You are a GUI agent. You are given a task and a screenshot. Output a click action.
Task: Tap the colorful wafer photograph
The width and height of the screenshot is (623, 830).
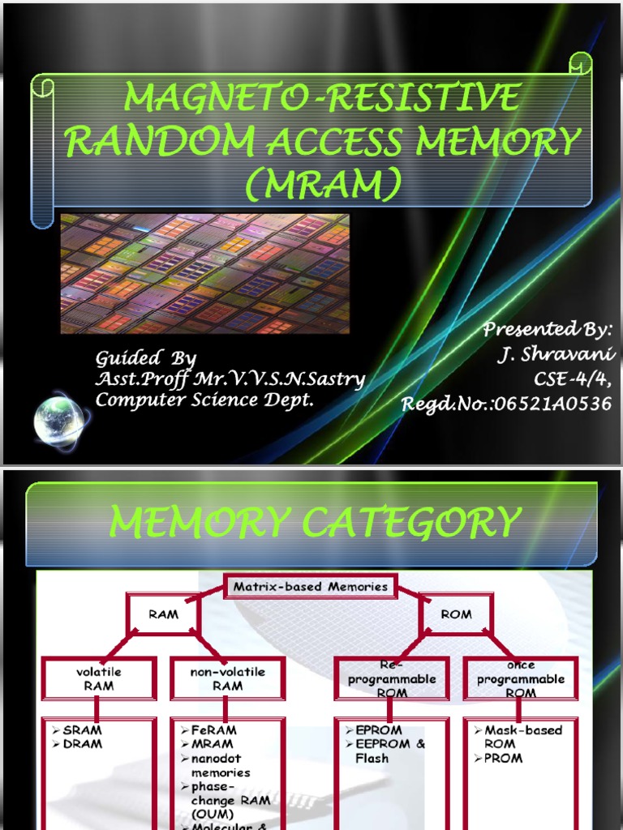205,274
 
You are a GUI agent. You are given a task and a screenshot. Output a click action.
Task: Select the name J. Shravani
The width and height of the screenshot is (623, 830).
556,355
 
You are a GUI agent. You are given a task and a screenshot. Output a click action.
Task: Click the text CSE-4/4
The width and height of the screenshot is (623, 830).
572,379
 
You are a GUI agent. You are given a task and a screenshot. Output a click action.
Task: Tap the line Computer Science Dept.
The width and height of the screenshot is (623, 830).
204,400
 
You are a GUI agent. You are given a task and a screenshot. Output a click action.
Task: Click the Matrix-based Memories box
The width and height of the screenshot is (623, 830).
311,587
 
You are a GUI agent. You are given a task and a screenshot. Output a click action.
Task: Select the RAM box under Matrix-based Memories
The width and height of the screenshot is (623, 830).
163,614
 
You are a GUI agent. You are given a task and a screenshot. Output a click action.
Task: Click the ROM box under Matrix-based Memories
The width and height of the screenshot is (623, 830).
456,614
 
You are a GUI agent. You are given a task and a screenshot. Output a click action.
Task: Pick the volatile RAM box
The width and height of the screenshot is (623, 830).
99,678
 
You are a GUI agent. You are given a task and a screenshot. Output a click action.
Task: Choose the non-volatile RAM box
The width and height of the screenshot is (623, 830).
227,678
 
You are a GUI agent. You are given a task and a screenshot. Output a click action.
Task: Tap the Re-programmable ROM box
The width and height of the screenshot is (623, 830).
392,678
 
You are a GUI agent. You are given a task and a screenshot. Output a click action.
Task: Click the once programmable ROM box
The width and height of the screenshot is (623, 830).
520,678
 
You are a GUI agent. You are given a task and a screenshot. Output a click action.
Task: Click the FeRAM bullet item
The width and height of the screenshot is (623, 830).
213,729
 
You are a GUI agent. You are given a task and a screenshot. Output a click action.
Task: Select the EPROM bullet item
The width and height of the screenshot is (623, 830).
378,729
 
